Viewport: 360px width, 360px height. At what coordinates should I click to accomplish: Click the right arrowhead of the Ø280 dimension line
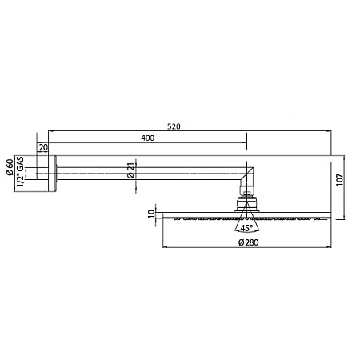tap(328, 250)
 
